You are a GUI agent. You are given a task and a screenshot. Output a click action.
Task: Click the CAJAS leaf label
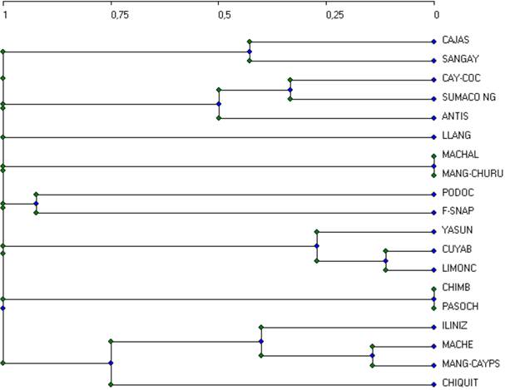456,42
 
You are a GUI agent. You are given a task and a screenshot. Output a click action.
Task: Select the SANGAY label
460,61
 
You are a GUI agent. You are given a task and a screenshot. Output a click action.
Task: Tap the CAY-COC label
460,80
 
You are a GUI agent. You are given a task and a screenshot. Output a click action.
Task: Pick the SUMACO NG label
468,99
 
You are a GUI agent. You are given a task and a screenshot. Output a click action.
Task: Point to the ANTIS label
454,118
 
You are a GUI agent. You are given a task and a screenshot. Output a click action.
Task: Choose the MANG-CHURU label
471,175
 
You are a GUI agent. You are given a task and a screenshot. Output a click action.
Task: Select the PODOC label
456,194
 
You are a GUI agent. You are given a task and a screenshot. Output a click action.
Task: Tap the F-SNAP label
458,213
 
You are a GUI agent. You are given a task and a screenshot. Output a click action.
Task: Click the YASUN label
456,232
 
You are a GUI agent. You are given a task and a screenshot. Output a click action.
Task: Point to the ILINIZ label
456,328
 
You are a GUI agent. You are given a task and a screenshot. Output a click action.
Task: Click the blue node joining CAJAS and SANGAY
250,52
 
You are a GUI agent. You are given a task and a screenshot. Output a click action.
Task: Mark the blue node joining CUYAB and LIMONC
385,260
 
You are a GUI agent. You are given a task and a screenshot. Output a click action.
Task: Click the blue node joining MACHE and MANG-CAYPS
373,356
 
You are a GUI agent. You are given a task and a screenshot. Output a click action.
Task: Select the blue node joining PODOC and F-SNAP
36,204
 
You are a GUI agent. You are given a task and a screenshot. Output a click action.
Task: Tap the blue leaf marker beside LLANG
433,137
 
